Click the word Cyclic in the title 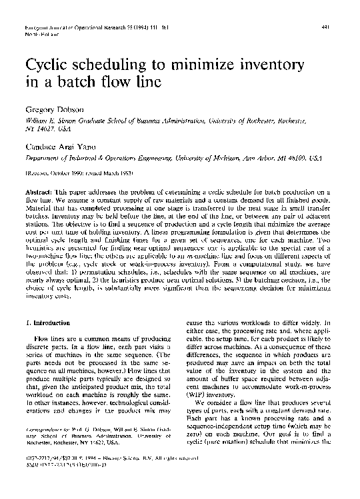(x=49, y=67)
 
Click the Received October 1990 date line (x=63, y=169)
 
